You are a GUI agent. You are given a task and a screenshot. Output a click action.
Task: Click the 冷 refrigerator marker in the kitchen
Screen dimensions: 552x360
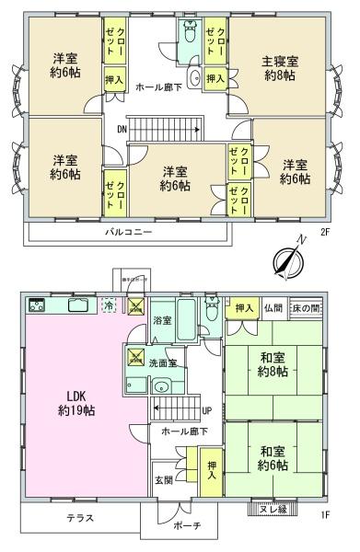click(x=110, y=306)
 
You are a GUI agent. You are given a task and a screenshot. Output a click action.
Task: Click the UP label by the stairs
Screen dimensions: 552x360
click(x=208, y=412)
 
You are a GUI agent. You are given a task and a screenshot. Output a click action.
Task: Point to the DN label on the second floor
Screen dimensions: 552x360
click(x=121, y=130)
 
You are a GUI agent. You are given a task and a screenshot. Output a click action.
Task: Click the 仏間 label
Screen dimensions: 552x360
click(x=272, y=308)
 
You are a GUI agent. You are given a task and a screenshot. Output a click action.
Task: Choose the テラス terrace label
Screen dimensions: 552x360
click(x=80, y=518)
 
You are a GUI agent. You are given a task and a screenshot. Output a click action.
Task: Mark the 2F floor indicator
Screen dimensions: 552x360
click(x=325, y=233)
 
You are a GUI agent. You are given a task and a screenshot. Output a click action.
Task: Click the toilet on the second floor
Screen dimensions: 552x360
click(x=189, y=40)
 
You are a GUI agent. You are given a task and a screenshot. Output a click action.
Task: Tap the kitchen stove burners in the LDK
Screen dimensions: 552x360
click(x=37, y=305)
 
